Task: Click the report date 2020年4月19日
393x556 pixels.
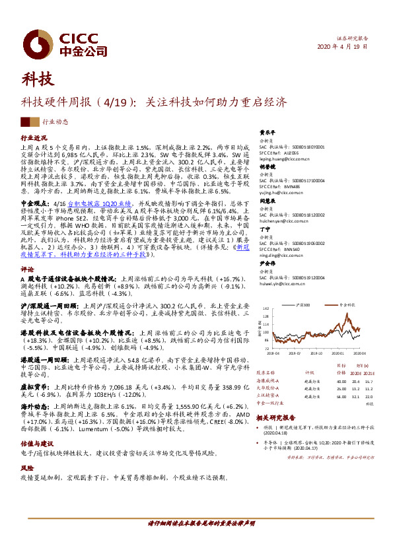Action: click(343, 48)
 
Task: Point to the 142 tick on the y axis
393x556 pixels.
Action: click(266, 308)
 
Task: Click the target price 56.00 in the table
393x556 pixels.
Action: click(341, 396)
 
